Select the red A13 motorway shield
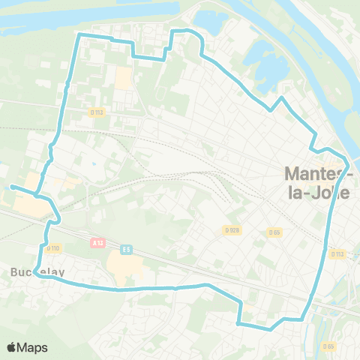(97, 243)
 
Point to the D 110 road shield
(52, 248)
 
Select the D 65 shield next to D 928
(274, 232)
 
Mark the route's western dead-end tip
(11, 186)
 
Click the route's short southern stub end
(238, 324)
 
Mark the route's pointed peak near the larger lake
(282, 97)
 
